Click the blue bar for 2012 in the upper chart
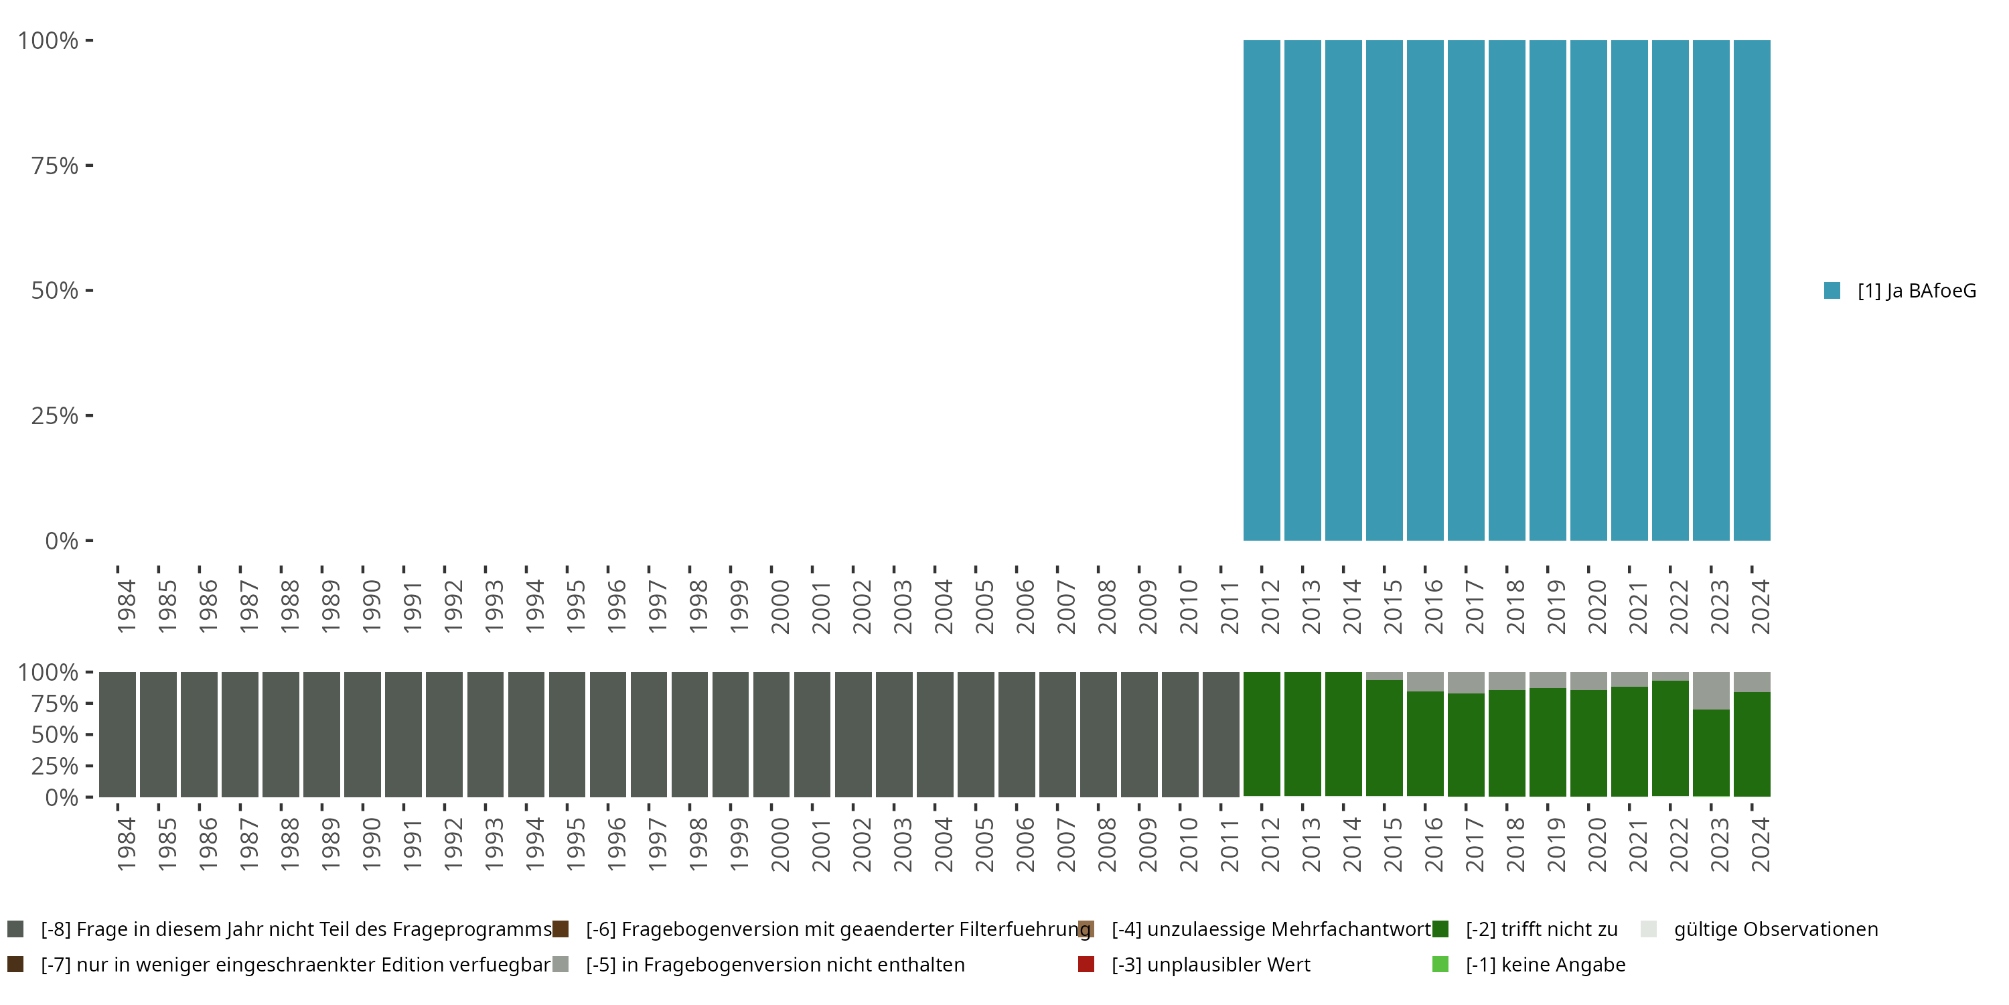click(x=1261, y=290)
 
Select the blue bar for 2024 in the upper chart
click(x=1752, y=290)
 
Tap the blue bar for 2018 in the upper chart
click(x=1507, y=290)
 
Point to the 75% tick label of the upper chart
click(x=55, y=165)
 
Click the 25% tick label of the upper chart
click(x=55, y=416)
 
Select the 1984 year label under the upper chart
click(x=127, y=606)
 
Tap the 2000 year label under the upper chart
click(x=780, y=606)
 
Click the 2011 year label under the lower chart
click(x=1229, y=844)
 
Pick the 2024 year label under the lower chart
click(x=1760, y=844)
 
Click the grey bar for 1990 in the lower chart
click(x=363, y=734)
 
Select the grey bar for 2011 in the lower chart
click(x=1221, y=734)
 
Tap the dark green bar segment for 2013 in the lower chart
click(x=1303, y=734)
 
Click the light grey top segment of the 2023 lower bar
click(x=1711, y=691)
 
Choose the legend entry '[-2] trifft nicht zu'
click(x=1541, y=929)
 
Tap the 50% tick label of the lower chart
click(x=55, y=735)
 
